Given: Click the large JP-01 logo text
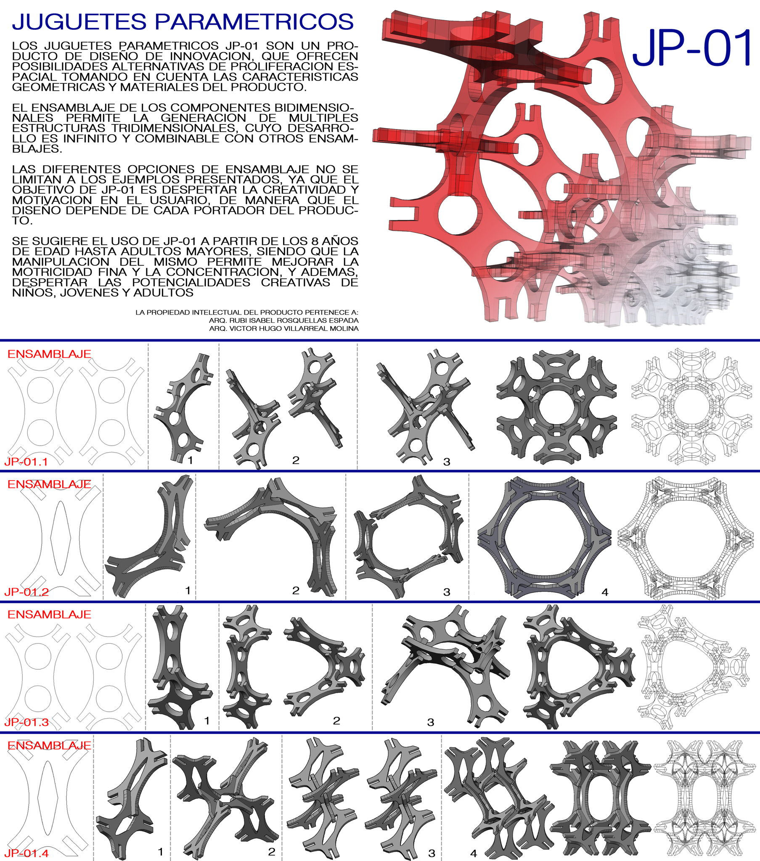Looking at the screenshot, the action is (692, 47).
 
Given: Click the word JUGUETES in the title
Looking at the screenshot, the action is (79, 22).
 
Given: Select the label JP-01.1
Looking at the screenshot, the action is (26, 461).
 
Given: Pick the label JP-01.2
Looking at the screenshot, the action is (26, 592).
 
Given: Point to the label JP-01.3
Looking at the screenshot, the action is (26, 722).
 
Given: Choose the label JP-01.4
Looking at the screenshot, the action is (26, 853).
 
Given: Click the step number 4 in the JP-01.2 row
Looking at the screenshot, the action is (605, 592).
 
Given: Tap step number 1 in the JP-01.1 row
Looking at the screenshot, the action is (190, 460).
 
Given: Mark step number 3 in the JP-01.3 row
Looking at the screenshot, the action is (430, 722).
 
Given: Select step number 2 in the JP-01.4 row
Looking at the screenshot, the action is (272, 852).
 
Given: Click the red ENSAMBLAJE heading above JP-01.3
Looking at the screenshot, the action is (49, 615).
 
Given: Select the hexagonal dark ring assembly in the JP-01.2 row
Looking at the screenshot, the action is (544, 538).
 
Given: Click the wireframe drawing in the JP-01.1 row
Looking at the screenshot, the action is (691, 407).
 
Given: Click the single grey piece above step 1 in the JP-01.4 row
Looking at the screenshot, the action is (132, 798).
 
